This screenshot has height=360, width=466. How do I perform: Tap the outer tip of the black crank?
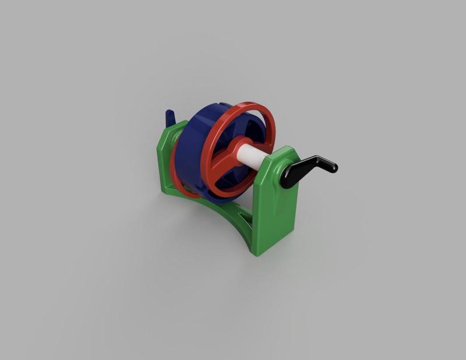coord(333,168)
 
